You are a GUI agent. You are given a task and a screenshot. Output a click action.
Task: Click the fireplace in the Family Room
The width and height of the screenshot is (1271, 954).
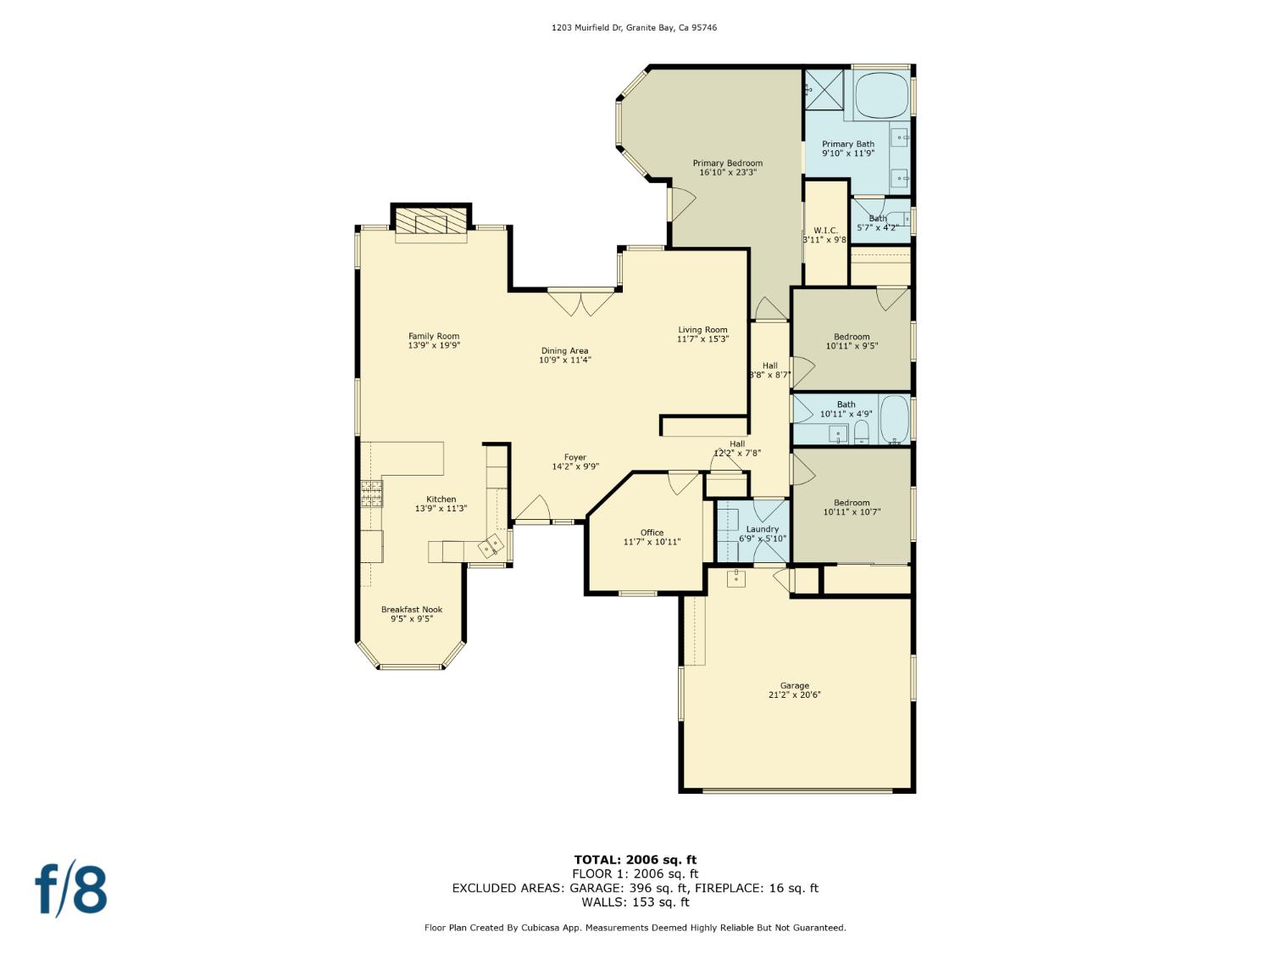[431, 223]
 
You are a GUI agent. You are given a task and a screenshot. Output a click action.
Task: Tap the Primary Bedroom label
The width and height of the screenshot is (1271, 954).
[727, 163]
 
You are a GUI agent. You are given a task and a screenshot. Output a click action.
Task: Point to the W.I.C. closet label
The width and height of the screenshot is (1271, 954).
[825, 231]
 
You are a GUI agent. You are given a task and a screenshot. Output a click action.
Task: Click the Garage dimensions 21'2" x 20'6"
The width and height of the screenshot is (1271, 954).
[794, 695]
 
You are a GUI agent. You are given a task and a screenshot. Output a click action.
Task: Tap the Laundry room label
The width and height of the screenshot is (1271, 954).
[762, 529]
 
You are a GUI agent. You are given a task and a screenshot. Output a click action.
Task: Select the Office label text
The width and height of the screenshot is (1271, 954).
[652, 533]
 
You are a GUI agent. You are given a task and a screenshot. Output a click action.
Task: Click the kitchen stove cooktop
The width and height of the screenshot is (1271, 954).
[371, 494]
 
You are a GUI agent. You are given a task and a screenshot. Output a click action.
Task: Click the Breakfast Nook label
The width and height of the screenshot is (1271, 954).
[412, 610]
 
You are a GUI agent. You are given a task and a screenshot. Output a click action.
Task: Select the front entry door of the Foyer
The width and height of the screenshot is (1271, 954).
[532, 511]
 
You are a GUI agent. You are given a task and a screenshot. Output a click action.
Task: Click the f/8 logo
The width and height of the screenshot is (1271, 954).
[71, 889]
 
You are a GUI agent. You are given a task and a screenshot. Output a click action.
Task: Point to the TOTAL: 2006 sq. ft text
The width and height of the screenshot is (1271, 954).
[635, 860]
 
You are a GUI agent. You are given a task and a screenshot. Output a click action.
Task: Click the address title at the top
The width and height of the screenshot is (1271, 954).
[634, 28]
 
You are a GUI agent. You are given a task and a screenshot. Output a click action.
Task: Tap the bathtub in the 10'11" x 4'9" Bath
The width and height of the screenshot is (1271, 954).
[894, 419]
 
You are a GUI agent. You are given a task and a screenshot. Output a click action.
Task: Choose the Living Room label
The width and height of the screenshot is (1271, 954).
[702, 330]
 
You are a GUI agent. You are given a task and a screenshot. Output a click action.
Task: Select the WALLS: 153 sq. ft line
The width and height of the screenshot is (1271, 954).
[635, 902]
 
